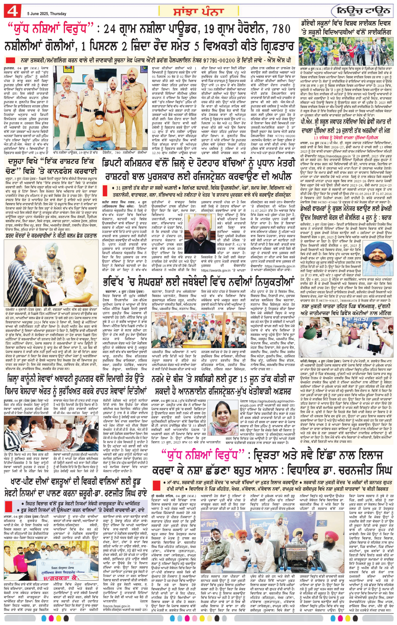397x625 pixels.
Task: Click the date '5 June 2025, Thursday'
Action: [x=47, y=13]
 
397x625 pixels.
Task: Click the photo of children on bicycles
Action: [x=346, y=50]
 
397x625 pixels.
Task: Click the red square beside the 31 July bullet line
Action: [x=105, y=191]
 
